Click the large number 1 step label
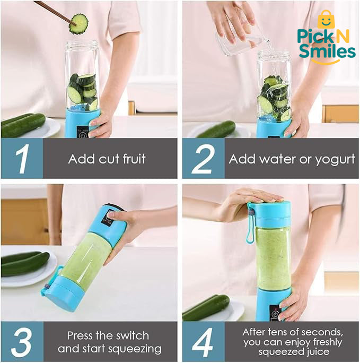click(x=21, y=158)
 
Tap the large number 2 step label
click(x=203, y=158)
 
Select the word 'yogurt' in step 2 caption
click(x=335, y=159)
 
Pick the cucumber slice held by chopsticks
click(x=78, y=24)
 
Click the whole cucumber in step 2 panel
click(x=217, y=129)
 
